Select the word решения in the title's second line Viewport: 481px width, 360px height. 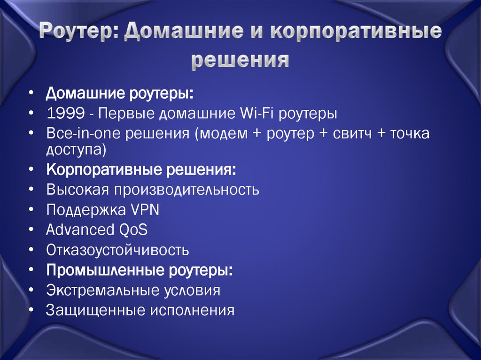[x=240, y=60]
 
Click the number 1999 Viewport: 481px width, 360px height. [x=65, y=114]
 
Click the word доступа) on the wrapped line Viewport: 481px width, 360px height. [x=76, y=150]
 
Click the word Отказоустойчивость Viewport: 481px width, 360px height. [x=117, y=250]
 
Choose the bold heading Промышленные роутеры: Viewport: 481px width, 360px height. [x=139, y=270]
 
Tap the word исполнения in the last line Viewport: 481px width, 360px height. [x=192, y=310]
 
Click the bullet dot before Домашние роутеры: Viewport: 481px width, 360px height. [x=31, y=93]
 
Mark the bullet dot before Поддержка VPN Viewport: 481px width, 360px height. [x=31, y=210]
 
